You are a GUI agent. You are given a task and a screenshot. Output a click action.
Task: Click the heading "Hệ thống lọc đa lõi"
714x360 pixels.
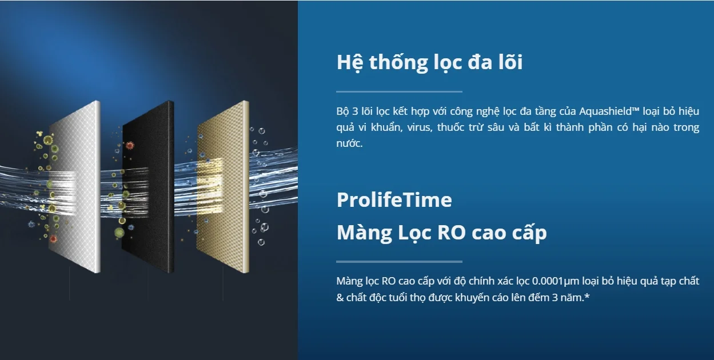[429, 62]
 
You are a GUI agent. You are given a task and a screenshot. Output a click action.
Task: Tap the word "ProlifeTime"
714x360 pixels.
[394, 200]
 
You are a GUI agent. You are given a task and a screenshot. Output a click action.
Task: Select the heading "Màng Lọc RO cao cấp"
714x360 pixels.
[441, 233]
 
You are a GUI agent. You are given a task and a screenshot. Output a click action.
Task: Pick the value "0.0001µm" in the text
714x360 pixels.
[557, 281]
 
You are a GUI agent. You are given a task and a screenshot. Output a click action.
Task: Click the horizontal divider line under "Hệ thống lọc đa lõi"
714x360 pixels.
[399, 91]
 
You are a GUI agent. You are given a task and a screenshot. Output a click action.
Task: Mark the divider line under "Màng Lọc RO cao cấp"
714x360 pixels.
[399, 262]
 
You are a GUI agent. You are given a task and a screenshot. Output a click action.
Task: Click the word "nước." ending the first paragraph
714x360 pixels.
[349, 143]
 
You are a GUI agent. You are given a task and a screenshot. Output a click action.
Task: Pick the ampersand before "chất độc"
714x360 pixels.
[340, 298]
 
